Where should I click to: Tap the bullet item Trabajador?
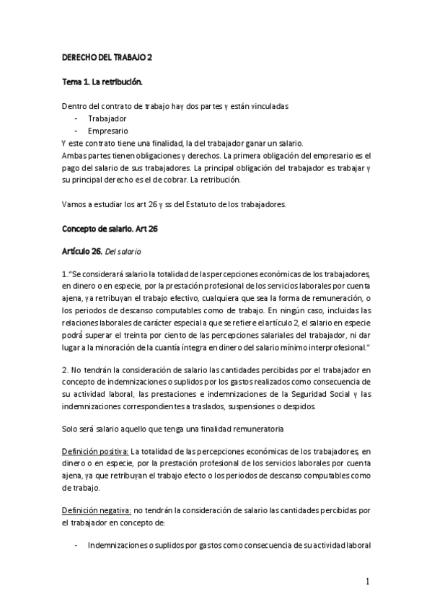[x=107, y=118]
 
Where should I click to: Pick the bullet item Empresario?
[x=108, y=131]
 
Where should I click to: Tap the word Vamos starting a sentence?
[x=74, y=183]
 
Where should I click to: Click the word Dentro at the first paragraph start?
[x=74, y=105]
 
